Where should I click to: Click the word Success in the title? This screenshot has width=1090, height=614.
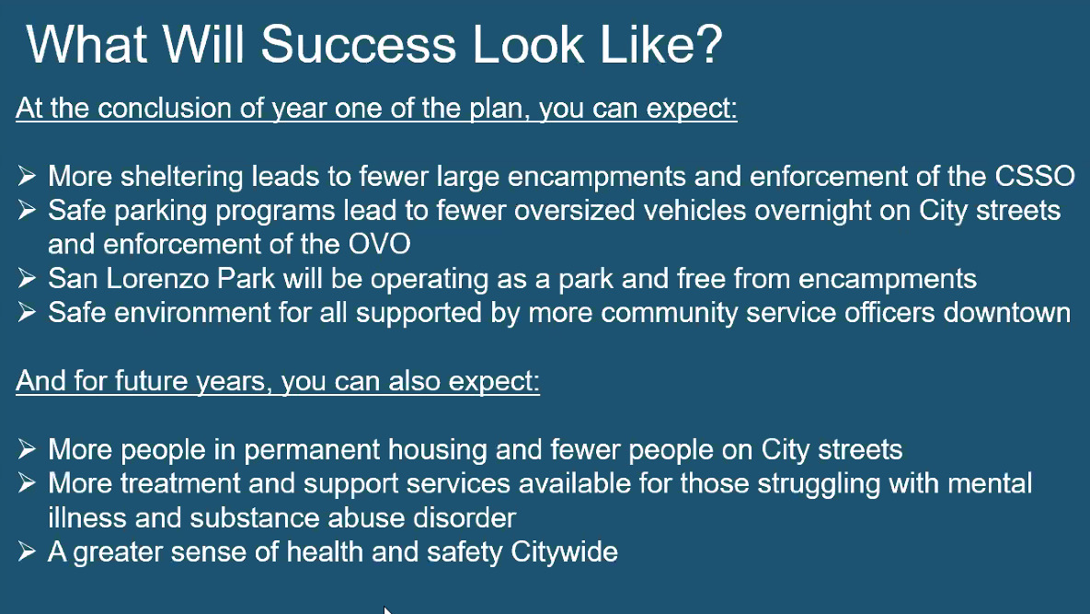click(x=359, y=44)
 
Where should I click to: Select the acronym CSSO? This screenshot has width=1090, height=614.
click(x=1035, y=176)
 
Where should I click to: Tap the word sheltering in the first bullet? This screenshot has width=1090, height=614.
click(x=181, y=177)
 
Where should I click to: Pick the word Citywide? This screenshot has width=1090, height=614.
click(x=564, y=552)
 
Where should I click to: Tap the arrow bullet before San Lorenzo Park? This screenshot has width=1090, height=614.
click(x=27, y=278)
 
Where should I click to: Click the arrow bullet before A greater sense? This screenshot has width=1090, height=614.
click(x=27, y=551)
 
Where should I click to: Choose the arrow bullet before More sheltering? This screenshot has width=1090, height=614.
click(x=27, y=176)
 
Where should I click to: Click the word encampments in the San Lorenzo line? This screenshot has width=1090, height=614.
click(x=887, y=279)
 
